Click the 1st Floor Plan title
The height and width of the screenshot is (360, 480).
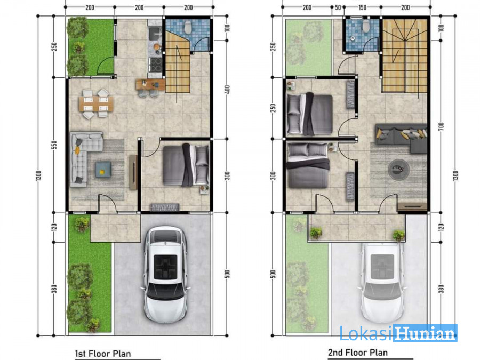tap(103, 354)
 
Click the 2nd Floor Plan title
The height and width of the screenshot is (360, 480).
tap(358, 353)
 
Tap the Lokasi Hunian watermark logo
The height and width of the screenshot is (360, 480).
tap(398, 333)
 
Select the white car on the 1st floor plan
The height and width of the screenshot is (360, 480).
tap(165, 274)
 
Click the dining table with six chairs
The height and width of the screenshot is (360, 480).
tap(96, 104)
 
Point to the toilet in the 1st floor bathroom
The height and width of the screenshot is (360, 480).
tap(188, 27)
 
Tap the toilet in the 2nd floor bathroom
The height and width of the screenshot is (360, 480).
tap(365, 26)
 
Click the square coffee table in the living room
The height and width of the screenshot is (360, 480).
tap(103, 169)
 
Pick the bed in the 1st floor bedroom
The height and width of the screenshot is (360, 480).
tap(186, 165)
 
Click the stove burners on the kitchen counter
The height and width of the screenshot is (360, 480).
tap(155, 65)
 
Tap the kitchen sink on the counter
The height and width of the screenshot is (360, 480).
tap(155, 31)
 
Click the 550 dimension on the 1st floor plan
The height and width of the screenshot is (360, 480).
tap(54, 145)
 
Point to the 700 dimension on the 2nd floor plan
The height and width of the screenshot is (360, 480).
tap(441, 126)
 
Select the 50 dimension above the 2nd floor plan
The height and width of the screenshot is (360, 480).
tap(338, 7)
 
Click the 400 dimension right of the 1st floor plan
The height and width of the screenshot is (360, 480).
tap(227, 90)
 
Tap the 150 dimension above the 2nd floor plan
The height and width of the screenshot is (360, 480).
tap(363, 7)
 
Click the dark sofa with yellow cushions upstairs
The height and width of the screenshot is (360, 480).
tap(401, 136)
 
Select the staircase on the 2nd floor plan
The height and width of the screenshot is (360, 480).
tap(405, 55)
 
